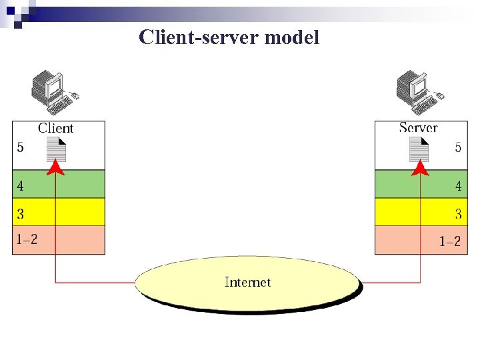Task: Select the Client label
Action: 55,129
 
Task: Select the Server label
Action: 418,128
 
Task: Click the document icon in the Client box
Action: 57,150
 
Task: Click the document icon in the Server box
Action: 419,150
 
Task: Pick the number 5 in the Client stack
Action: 21,147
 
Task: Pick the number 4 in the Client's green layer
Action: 21,186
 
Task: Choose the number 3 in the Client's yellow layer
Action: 21,214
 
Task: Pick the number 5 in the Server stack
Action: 458,147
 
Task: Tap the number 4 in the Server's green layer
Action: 458,187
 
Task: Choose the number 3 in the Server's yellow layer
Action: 458,214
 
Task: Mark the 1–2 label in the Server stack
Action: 449,241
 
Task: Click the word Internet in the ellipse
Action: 248,282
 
